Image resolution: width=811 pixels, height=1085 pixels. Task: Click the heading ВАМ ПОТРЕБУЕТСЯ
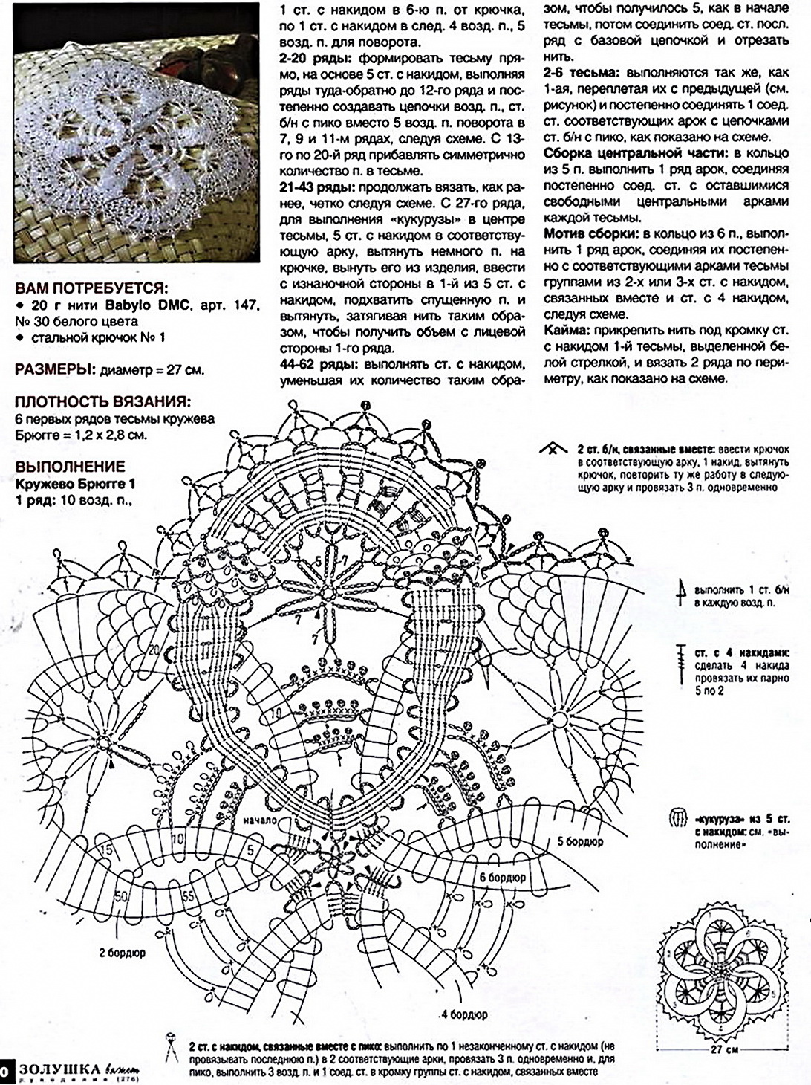point(91,288)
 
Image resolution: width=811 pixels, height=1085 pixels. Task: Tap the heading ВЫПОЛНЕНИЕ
point(70,467)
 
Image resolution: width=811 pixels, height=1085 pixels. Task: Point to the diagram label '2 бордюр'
point(122,952)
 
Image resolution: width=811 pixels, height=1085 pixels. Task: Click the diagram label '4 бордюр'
point(463,1014)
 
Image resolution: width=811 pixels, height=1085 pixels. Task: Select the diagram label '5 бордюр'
point(579,842)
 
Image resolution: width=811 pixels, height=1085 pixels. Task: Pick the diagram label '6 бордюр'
point(502,878)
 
